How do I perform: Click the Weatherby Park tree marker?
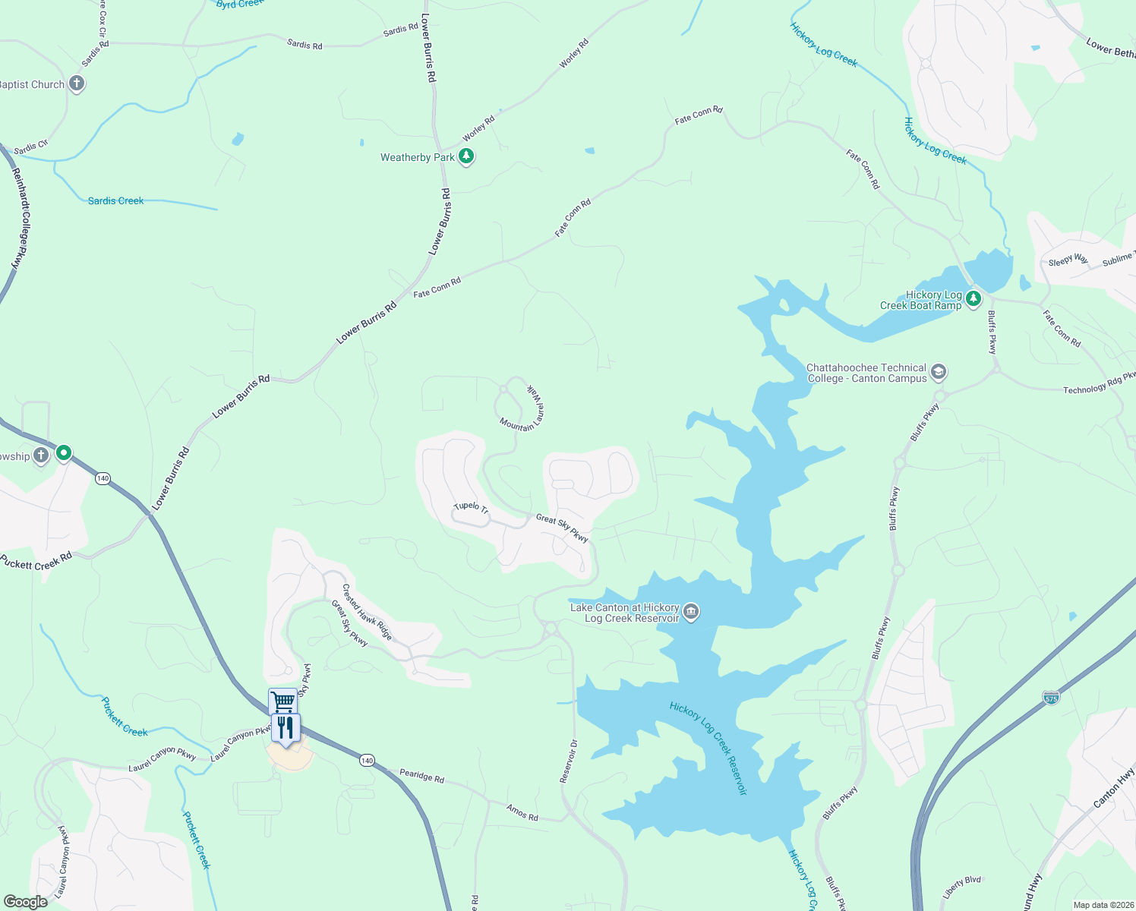(x=466, y=157)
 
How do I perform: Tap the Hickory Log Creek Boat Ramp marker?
(x=973, y=300)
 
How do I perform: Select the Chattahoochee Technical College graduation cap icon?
(x=939, y=372)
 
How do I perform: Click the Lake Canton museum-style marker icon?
(x=691, y=612)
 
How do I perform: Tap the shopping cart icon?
(x=282, y=701)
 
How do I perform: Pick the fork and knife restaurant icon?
(x=286, y=728)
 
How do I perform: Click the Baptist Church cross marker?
(x=77, y=84)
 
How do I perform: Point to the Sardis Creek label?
(x=115, y=200)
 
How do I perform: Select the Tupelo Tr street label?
(x=471, y=506)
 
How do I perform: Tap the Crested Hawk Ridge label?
(x=367, y=612)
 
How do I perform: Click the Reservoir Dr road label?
(x=569, y=761)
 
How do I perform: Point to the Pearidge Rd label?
(x=421, y=776)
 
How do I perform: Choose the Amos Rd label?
(x=522, y=812)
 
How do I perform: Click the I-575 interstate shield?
(x=1051, y=697)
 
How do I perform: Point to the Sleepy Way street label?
(x=1068, y=260)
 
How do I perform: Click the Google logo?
(x=25, y=901)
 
